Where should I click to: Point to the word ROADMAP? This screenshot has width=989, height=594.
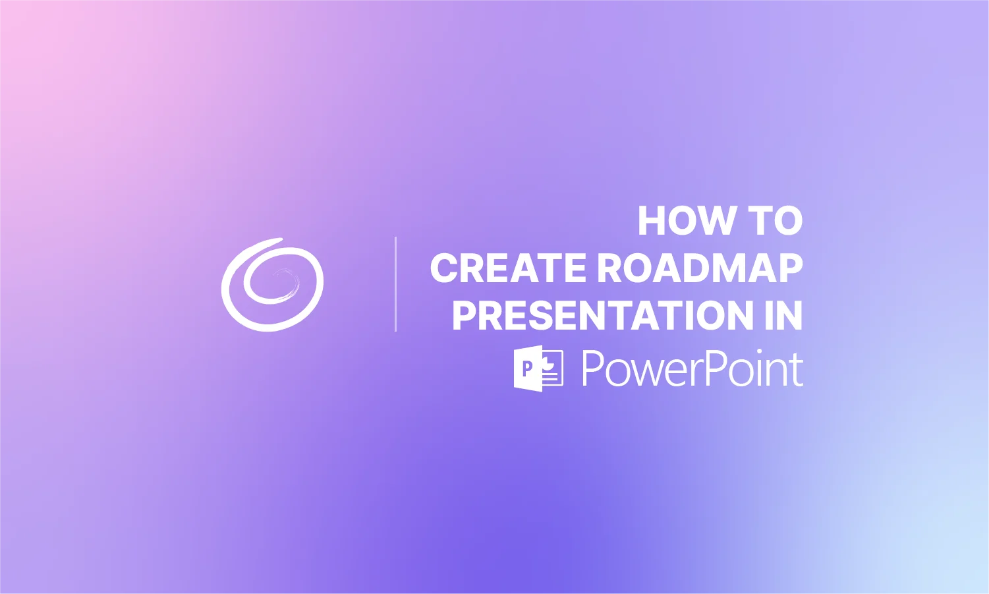(x=700, y=268)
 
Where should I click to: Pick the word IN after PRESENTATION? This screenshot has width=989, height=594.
(x=784, y=315)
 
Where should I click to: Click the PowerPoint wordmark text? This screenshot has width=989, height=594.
(x=692, y=369)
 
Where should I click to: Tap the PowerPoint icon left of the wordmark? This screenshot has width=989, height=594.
(x=538, y=369)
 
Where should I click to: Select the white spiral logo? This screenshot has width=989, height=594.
(x=272, y=285)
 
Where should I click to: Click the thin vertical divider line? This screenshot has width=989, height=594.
(x=395, y=284)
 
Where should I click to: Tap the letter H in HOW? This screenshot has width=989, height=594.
(x=652, y=221)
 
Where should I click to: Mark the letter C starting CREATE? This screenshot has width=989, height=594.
(x=445, y=268)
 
